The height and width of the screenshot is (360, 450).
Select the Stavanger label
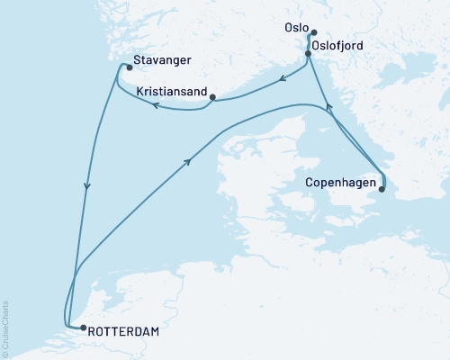[x=161, y=64]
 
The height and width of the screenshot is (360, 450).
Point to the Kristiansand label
[x=171, y=92]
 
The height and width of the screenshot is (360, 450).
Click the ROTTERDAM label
[x=125, y=331]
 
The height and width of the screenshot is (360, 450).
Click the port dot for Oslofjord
[x=309, y=54]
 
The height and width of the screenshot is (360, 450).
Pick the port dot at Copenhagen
[x=382, y=188]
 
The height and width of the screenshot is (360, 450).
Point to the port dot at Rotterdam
[x=82, y=329]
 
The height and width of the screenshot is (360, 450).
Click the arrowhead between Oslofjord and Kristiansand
[x=283, y=78]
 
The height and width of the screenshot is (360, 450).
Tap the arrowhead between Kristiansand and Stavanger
[x=154, y=105]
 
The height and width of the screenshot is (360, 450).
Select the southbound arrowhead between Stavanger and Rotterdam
[x=86, y=187]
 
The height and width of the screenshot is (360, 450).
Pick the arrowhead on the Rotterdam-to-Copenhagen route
[x=188, y=160]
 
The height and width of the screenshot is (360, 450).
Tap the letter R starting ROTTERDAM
[x=94, y=331]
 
